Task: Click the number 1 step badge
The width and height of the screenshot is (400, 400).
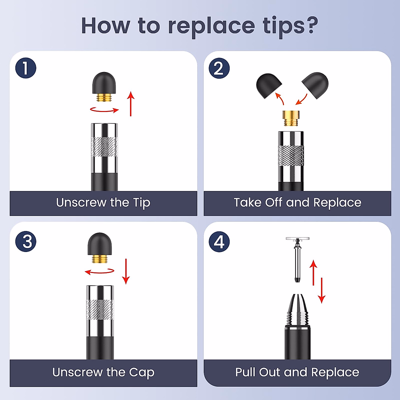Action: pyautogui.click(x=26, y=68)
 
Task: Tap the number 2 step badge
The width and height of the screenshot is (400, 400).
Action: pyautogui.click(x=219, y=68)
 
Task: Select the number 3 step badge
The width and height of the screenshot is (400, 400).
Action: pyautogui.click(x=26, y=241)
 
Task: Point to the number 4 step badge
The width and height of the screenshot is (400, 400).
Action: pyautogui.click(x=219, y=242)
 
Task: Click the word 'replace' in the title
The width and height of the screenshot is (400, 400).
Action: pyautogui.click(x=211, y=27)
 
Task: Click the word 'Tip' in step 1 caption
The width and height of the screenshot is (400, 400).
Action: pyautogui.click(x=142, y=203)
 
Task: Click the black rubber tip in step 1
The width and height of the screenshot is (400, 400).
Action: pyautogui.click(x=104, y=83)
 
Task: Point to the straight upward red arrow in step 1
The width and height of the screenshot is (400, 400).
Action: pyautogui.click(x=131, y=104)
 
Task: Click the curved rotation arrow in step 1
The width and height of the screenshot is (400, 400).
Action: pyautogui.click(x=104, y=110)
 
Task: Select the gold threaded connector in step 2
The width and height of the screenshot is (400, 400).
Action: pyautogui.click(x=291, y=118)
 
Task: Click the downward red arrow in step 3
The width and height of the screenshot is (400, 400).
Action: pyautogui.click(x=126, y=271)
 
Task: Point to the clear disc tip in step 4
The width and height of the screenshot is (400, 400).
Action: pyautogui.click(x=297, y=239)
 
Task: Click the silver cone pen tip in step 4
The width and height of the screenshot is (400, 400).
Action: pyautogui.click(x=297, y=310)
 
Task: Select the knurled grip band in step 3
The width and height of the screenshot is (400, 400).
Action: pyautogui.click(x=100, y=309)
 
